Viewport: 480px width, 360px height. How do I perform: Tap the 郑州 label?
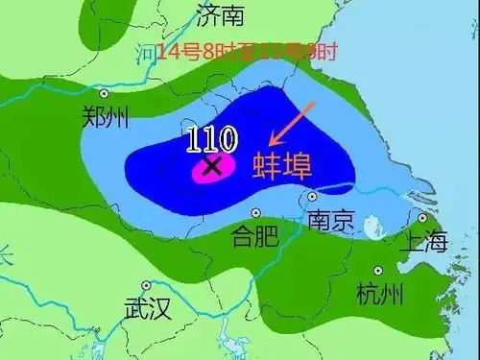[105, 116]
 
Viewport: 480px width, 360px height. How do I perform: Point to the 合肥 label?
[255, 235]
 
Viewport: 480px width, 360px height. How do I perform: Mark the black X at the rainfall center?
[213, 166]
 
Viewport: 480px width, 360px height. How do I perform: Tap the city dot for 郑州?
[104, 94]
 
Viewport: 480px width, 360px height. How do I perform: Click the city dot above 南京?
[312, 198]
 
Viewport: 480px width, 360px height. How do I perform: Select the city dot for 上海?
[421, 219]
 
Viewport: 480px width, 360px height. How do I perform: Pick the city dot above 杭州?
[378, 270]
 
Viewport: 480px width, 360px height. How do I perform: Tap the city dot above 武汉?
[146, 285]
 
